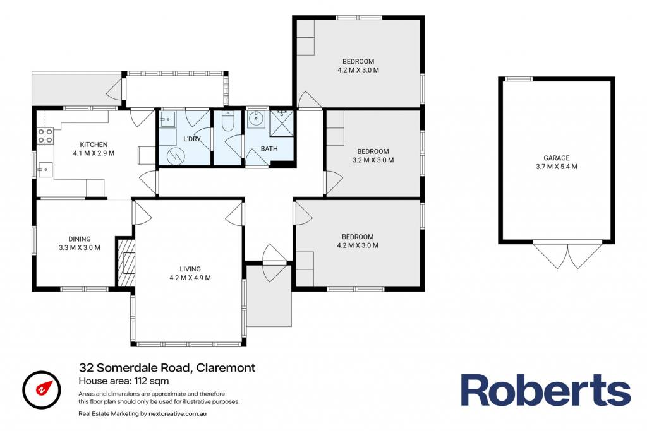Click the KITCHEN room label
pyautogui.click(x=94, y=145)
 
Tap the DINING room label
pyautogui.click(x=80, y=239)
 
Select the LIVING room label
pyautogui.click(x=190, y=269)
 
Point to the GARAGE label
pyautogui.click(x=557, y=158)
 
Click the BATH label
pyautogui.click(x=269, y=149)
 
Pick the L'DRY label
pyautogui.click(x=192, y=139)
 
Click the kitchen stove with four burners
pyautogui.click(x=45, y=136)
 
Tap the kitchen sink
pyautogui.click(x=45, y=170)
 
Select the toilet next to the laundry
pyautogui.click(x=227, y=121)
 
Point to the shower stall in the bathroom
pyautogui.click(x=281, y=123)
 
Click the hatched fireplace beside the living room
pyautogui.click(x=126, y=262)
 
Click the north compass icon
pyautogui.click(x=42, y=389)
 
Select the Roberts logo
pyautogui.click(x=545, y=390)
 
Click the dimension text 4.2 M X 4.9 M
pyautogui.click(x=190, y=278)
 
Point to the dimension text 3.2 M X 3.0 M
pyautogui.click(x=373, y=160)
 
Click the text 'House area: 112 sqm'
pyautogui.click(x=124, y=381)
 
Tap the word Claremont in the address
pyautogui.click(x=226, y=367)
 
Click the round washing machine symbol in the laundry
pyautogui.click(x=176, y=156)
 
